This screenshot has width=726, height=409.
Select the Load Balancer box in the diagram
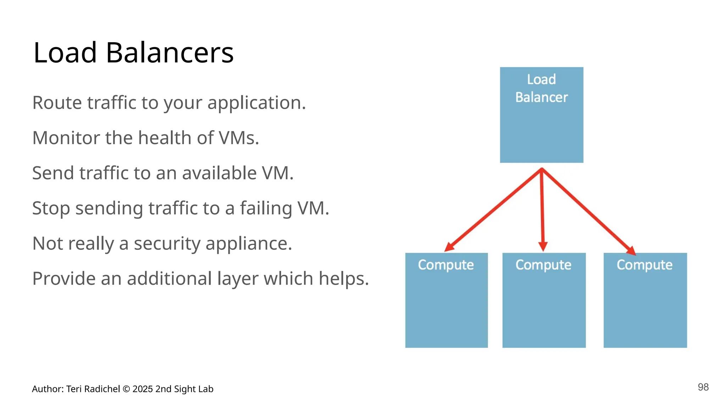tap(541, 115)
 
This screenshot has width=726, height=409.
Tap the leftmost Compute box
tap(446, 300)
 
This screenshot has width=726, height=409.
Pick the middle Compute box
tap(544, 300)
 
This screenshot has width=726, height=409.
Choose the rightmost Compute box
tap(645, 300)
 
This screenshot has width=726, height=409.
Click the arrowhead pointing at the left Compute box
tap(449, 247)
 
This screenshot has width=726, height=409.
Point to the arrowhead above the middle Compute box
tap(543, 246)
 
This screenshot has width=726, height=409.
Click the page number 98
tap(703, 387)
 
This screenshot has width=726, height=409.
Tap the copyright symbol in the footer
tap(126, 389)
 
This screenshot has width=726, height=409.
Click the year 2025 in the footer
tap(143, 389)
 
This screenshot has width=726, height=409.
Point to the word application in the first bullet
tap(256, 103)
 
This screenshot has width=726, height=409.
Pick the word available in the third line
tap(219, 173)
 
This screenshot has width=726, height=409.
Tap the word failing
tap(266, 208)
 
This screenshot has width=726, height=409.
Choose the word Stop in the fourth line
tap(51, 208)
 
